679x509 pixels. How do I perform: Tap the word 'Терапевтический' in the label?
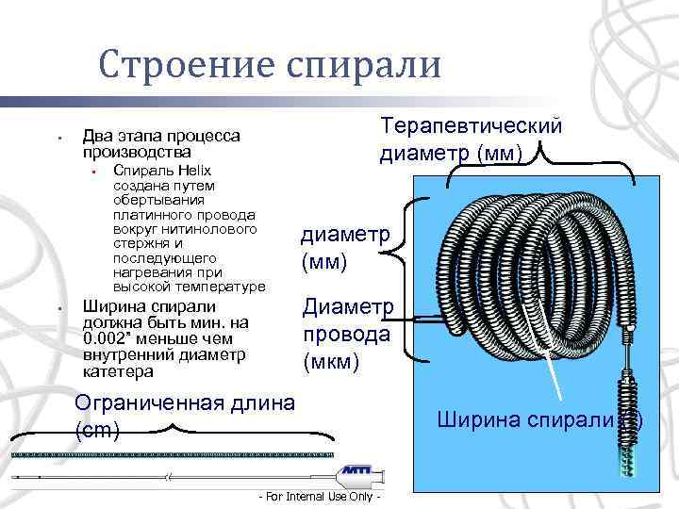point(471,126)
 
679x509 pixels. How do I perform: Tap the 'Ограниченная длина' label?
point(185,403)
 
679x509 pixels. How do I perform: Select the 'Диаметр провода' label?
point(347,320)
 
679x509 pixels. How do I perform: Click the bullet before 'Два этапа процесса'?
point(58,139)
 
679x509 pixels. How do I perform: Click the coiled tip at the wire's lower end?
point(625,414)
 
